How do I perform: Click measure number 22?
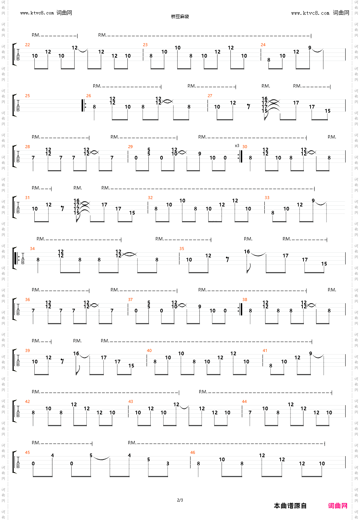coord(27,45)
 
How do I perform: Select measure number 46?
coord(192,452)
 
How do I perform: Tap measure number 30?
coord(245,147)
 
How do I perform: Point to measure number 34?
coord(32,249)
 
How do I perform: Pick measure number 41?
coord(265,350)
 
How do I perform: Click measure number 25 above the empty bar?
coord(27,96)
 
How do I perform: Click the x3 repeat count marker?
coord(237,146)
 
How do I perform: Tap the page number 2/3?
coord(180,500)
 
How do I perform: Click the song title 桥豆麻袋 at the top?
coord(180,16)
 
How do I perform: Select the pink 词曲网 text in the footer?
coord(337,506)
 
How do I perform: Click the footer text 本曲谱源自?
coord(290,506)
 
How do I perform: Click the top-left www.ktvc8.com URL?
coord(37,13)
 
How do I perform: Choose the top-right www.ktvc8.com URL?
coord(310,13)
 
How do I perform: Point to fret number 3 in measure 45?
coord(168,463)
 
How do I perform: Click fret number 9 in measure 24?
coord(310,48)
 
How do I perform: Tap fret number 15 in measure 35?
coord(324,264)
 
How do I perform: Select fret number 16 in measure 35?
coord(247,252)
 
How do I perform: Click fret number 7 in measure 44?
coord(250,413)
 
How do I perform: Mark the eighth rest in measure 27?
coord(249,107)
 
